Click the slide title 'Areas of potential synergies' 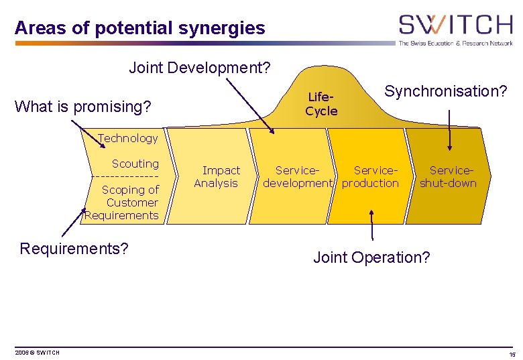click(139, 28)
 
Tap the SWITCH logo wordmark click(455, 25)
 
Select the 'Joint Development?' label click(200, 68)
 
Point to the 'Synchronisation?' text click(446, 91)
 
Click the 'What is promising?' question click(82, 107)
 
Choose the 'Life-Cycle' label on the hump click(321, 105)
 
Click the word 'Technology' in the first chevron click(127, 138)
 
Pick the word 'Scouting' click(135, 164)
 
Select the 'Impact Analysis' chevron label click(217, 177)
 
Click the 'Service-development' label click(298, 177)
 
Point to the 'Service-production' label click(371, 177)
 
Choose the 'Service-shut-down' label click(448, 177)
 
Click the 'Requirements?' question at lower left click(74, 249)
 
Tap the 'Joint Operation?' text click(371, 257)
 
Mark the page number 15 click(512, 354)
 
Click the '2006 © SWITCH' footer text click(38, 353)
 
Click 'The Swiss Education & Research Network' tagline click(456, 43)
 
